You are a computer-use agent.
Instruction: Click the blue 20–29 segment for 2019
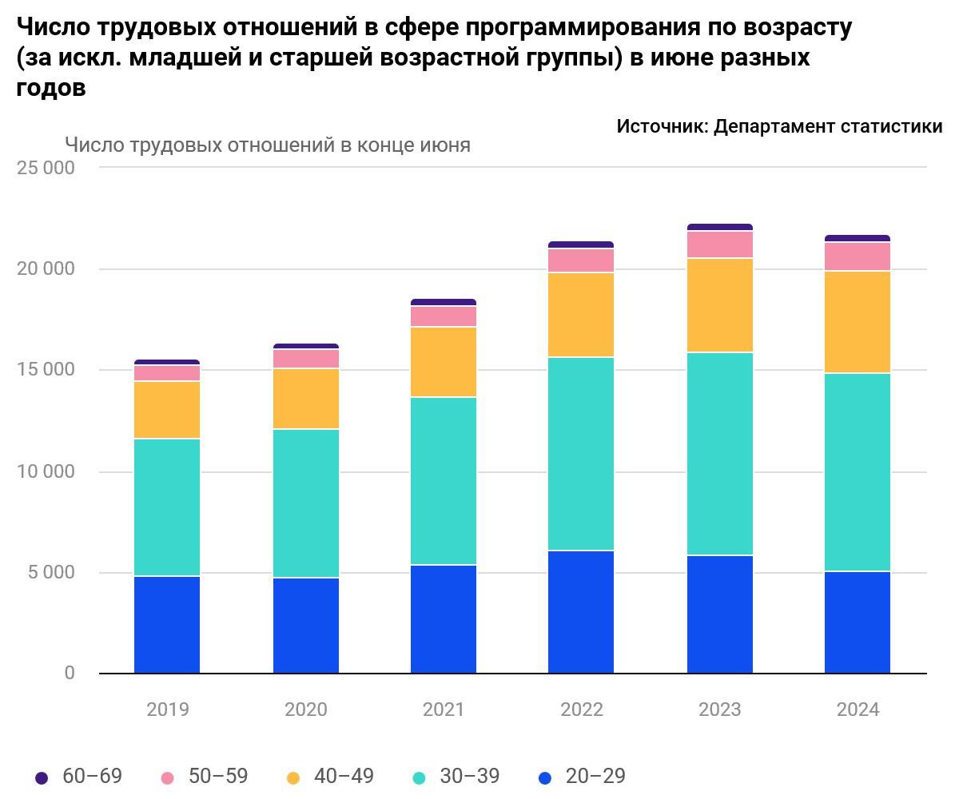[x=167, y=624]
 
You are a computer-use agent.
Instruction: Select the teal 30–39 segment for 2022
[x=581, y=453]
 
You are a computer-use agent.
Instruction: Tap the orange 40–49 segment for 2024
[x=858, y=322]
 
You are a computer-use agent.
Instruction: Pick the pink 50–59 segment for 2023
[x=719, y=244]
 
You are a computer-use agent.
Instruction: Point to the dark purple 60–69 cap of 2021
[x=444, y=302]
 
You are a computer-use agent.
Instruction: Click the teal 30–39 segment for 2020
[x=306, y=503]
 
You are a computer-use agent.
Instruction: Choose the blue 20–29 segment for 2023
[x=719, y=614]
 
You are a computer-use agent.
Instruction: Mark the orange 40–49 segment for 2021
[x=444, y=362]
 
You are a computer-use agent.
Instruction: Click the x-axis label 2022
[x=581, y=710]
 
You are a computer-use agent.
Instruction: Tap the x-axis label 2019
[x=167, y=710]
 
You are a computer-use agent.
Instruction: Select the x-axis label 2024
[x=858, y=710]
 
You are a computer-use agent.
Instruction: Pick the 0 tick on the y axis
[x=70, y=674]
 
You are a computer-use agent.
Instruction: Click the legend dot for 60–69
[x=42, y=777]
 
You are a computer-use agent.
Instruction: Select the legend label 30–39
[x=470, y=776]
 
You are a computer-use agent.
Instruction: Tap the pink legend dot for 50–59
[x=167, y=777]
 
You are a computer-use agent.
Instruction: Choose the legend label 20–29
[x=595, y=776]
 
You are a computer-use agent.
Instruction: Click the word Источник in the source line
[x=660, y=126]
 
